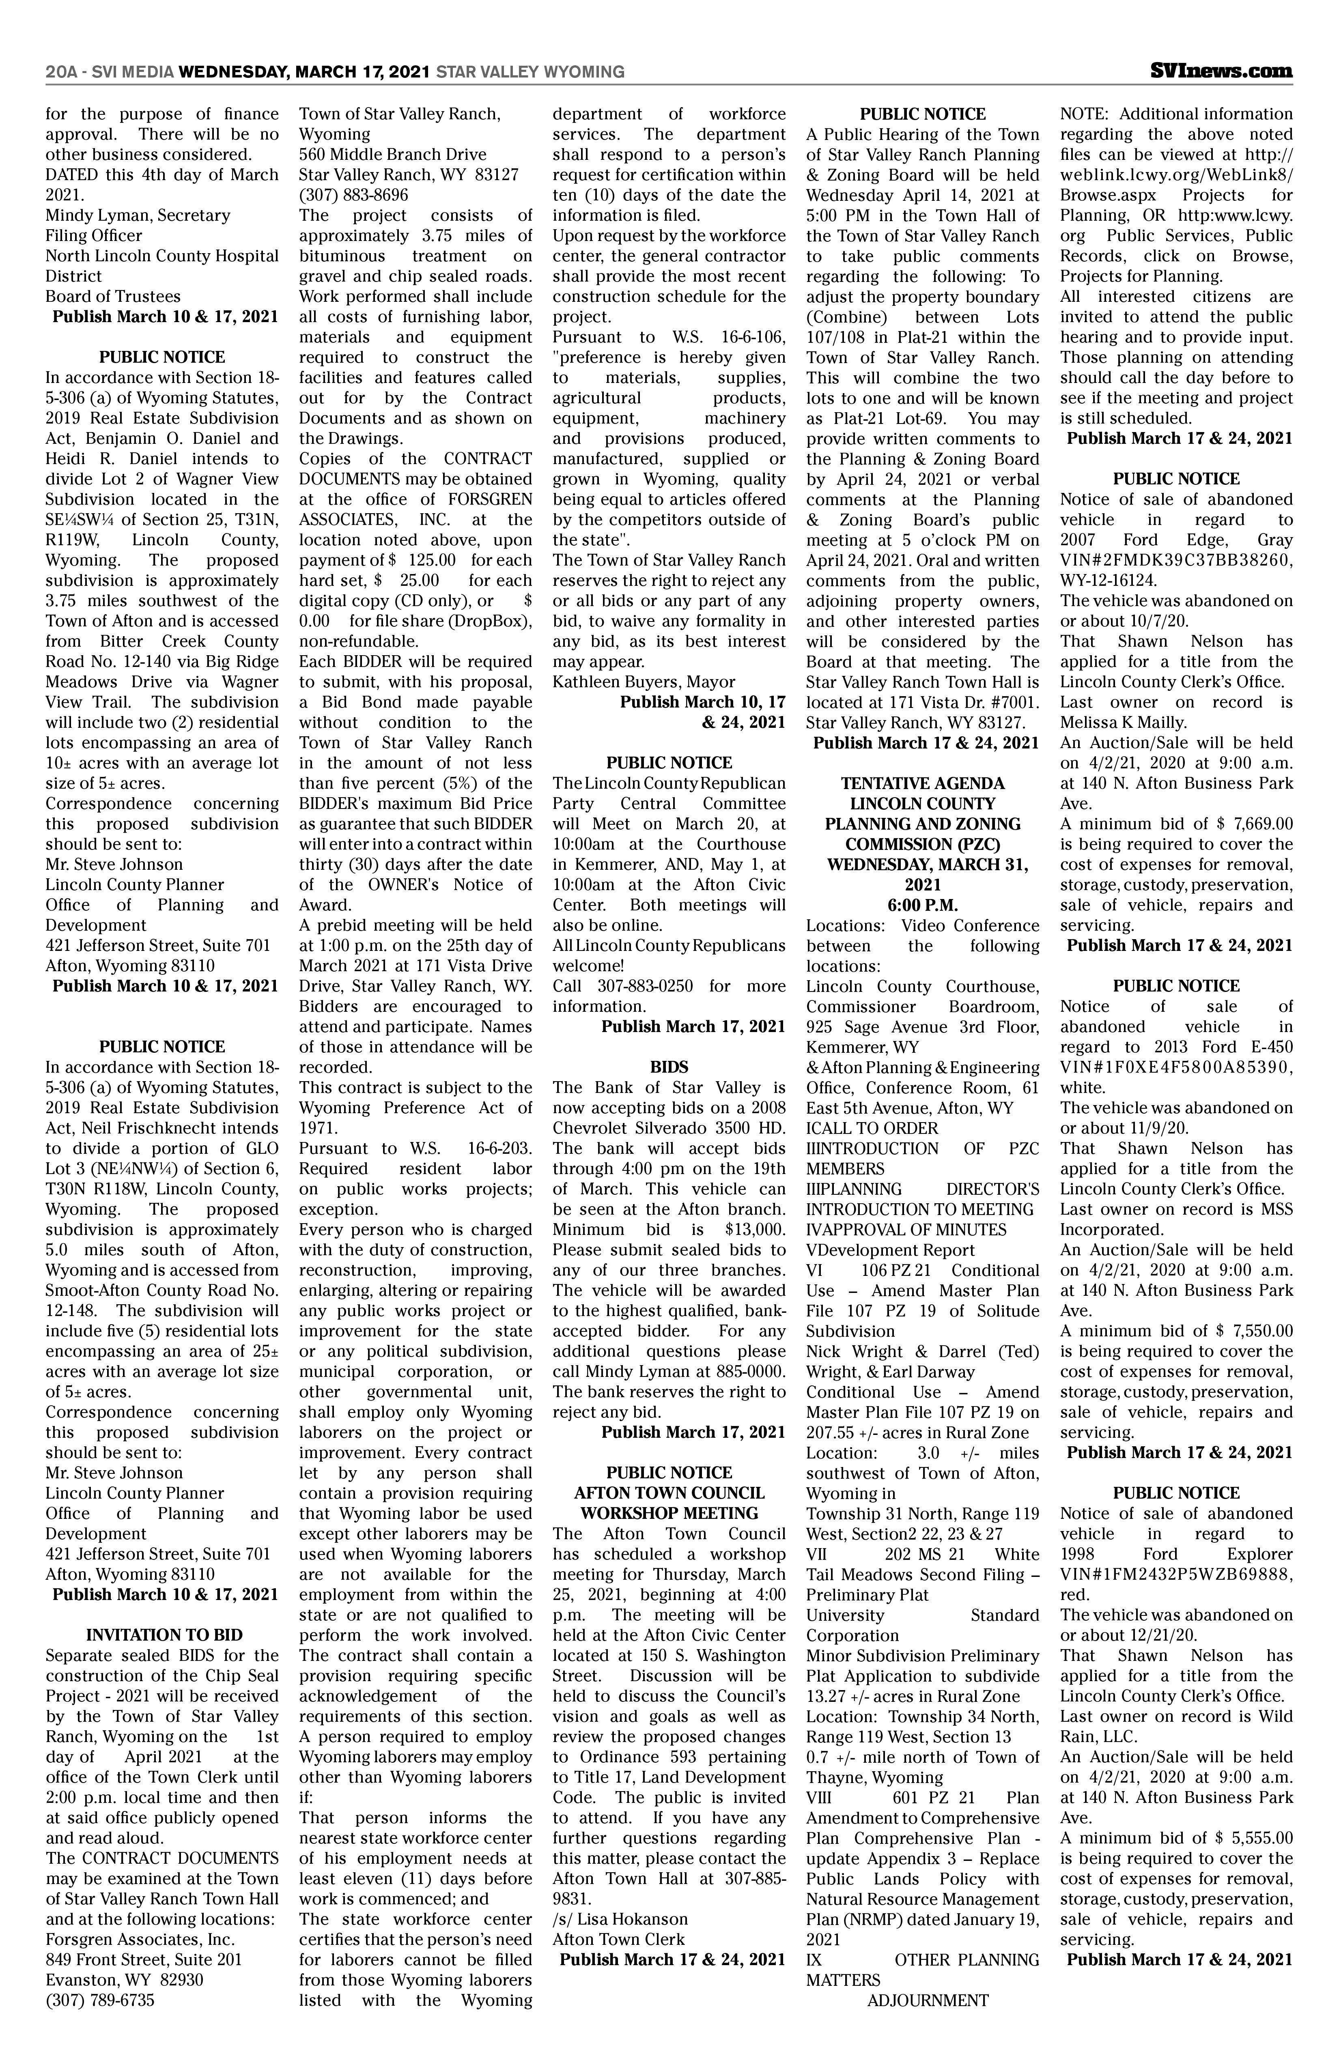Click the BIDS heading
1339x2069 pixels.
[x=669, y=1067]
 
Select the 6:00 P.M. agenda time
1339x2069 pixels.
[x=923, y=905]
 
